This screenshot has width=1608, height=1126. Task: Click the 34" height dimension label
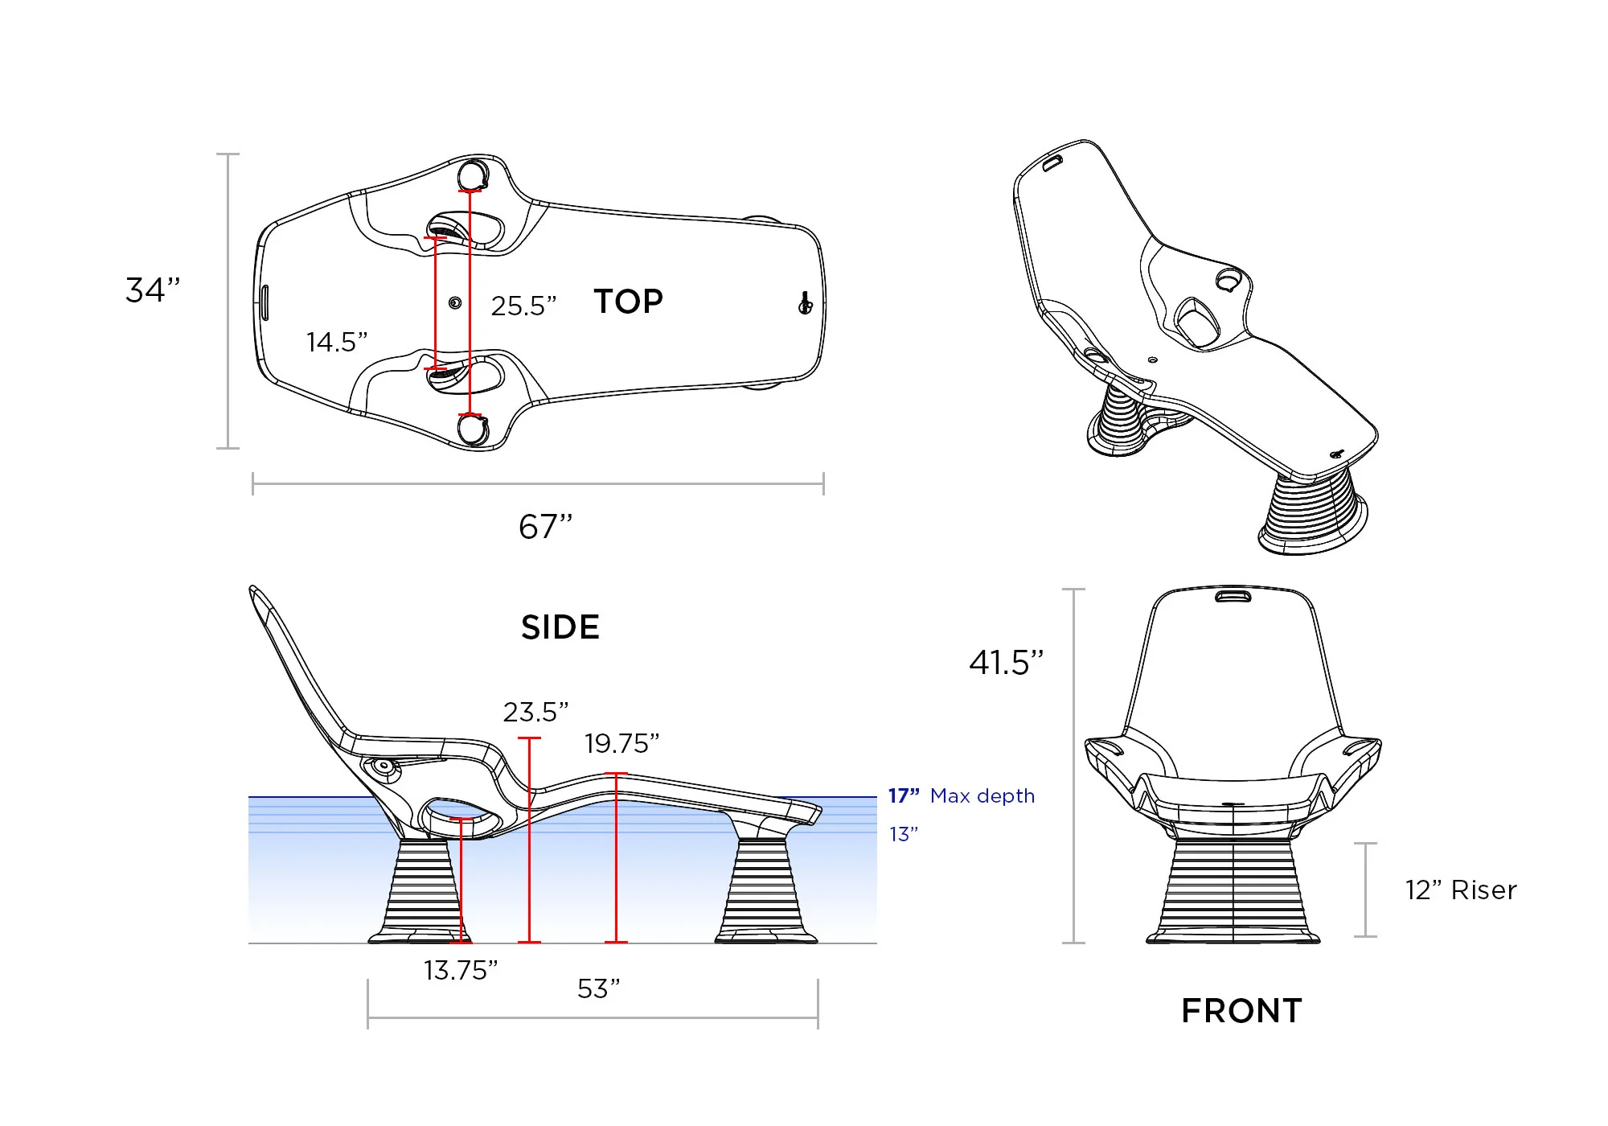153,290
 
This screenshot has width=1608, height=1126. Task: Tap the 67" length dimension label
546,527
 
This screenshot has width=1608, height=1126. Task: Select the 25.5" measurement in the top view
523,306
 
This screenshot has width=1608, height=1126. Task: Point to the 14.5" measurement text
337,342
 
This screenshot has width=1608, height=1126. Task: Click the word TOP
629,302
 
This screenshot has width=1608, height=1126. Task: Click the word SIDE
560,627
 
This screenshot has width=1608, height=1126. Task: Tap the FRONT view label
1241,1011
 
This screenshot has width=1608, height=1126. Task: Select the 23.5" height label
535,712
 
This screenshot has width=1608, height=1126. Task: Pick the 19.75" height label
621,743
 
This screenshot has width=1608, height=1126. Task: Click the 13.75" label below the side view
461,970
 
